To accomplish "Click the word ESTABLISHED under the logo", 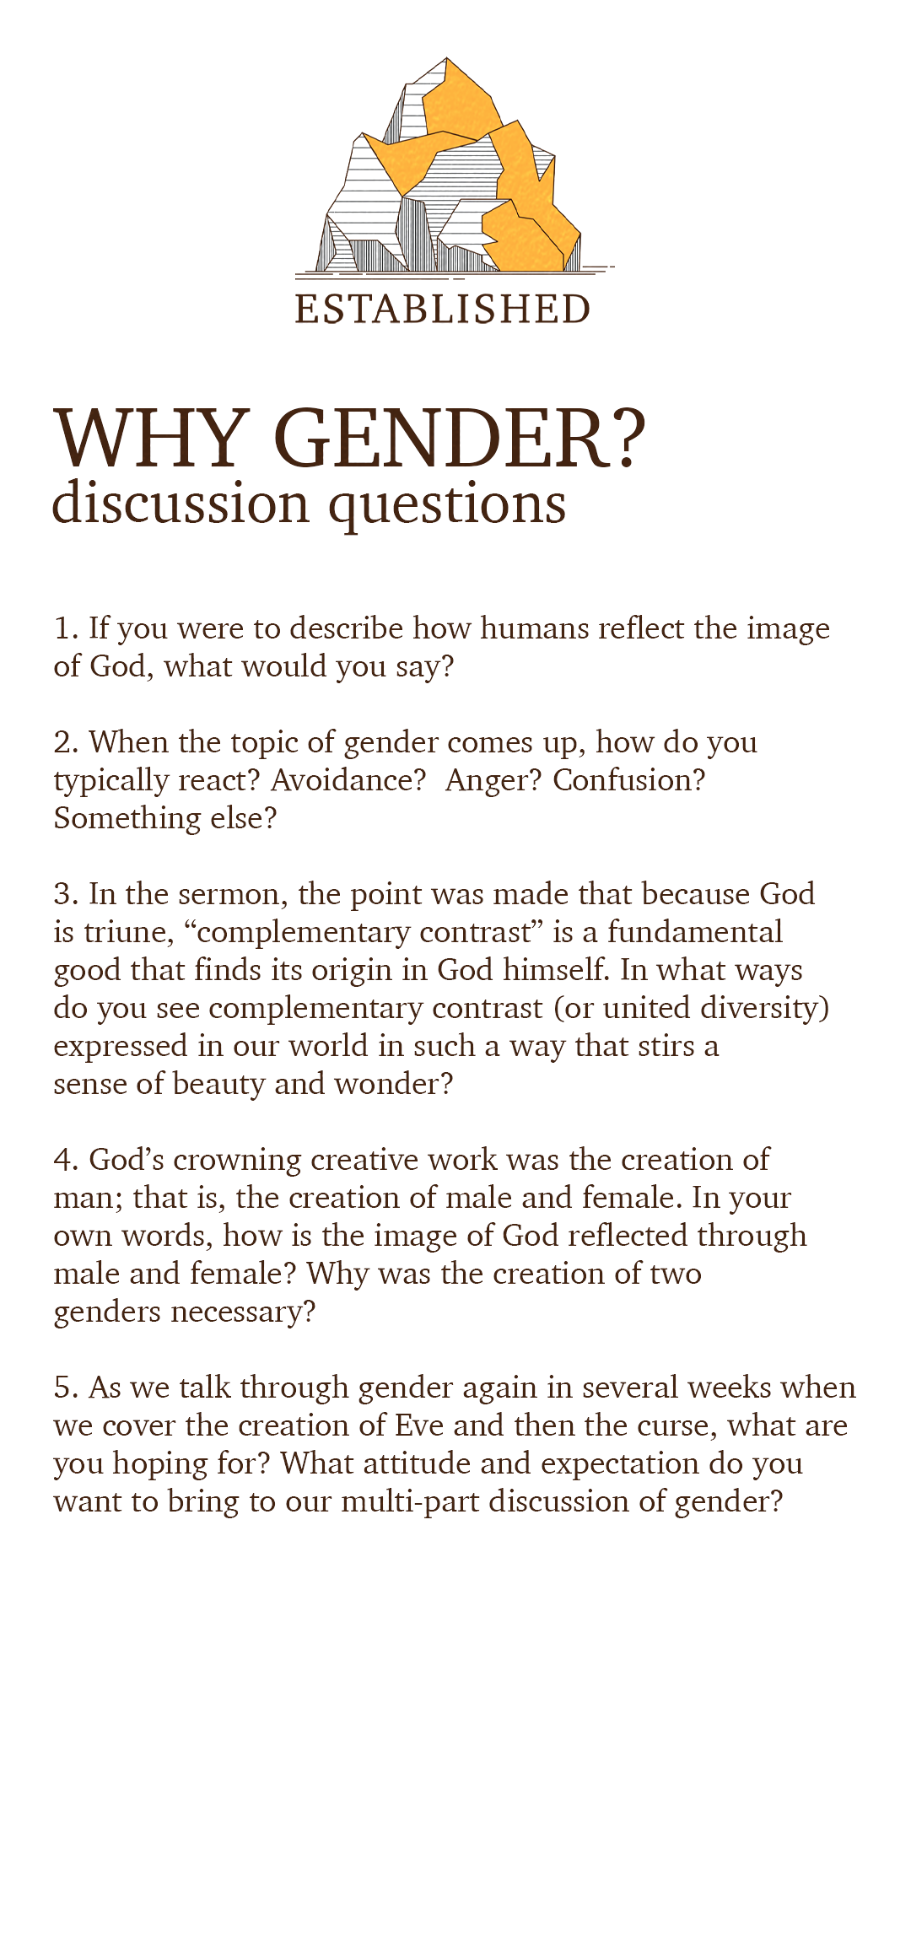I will [443, 309].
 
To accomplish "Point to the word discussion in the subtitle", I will [181, 504].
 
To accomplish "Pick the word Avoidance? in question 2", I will [348, 780].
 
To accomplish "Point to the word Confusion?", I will [628, 780].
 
